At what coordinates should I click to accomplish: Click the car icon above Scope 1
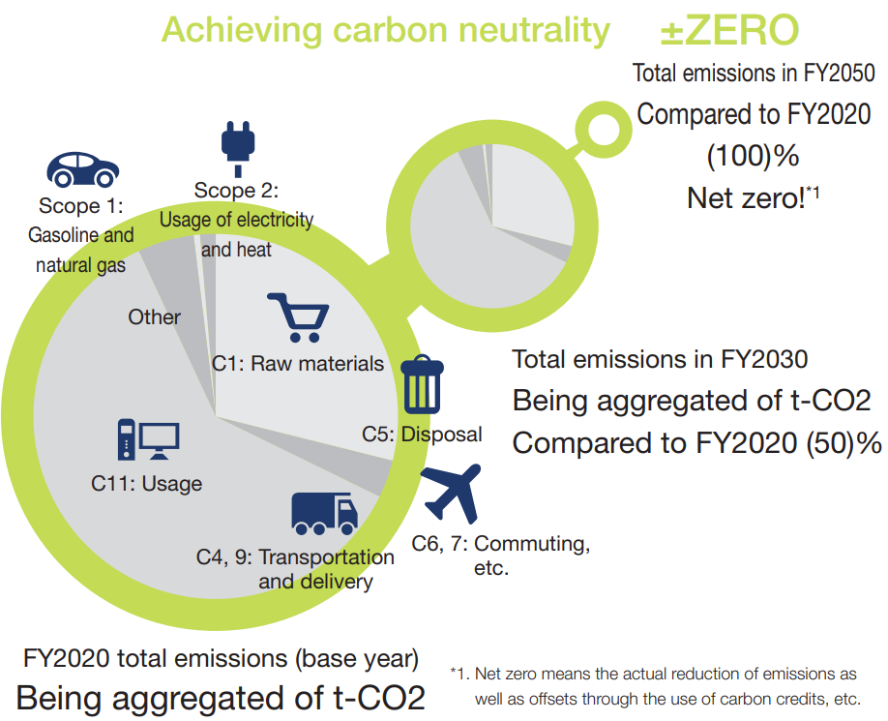click(82, 169)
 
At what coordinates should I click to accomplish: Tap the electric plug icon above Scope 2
click(238, 149)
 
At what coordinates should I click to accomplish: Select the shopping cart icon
click(299, 317)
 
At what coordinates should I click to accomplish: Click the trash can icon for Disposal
click(422, 384)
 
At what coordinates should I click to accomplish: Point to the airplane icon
click(452, 493)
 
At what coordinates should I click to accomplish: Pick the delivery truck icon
click(324, 514)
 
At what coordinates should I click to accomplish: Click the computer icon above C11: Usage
click(148, 439)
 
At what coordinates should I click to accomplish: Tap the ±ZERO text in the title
click(730, 30)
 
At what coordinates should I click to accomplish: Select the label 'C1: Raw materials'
click(298, 364)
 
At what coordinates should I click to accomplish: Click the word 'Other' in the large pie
click(154, 317)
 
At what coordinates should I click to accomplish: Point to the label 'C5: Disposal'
click(422, 435)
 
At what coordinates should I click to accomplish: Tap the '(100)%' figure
click(753, 156)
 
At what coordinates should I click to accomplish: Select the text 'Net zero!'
click(746, 198)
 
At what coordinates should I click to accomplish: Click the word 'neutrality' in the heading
click(534, 30)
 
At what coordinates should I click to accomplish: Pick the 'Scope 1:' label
click(81, 205)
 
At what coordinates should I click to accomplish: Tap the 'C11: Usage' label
click(147, 484)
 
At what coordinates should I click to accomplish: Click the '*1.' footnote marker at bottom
click(460, 674)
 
